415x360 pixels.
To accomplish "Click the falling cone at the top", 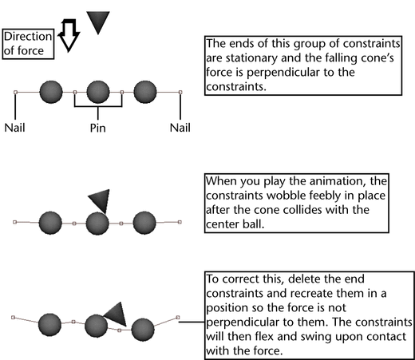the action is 98,22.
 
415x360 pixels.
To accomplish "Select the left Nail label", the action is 15,128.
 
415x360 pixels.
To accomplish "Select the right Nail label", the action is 180,128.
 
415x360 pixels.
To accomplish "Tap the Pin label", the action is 98,128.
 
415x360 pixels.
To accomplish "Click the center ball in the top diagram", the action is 98,92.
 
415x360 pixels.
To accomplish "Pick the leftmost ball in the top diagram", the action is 51,92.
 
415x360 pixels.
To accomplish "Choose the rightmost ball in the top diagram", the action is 145,92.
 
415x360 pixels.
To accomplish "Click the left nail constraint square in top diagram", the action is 15,92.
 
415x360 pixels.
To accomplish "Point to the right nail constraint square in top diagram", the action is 180,92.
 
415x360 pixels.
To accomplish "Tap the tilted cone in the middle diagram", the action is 101,200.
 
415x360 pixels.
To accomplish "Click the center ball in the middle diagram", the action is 97,223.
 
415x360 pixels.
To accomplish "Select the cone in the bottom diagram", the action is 117,314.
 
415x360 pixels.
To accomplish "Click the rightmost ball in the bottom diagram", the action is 143,330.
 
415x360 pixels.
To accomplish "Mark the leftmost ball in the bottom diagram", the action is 49,325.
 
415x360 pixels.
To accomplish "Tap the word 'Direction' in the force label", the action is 28,37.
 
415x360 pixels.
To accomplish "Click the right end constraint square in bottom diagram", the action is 178,318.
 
